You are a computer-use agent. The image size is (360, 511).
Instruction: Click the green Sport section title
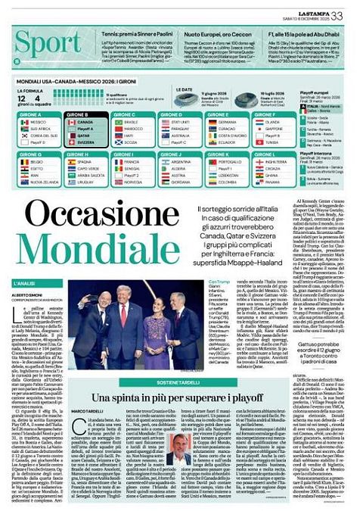point(45,44)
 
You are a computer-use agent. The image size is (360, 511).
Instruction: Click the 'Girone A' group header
point(30,114)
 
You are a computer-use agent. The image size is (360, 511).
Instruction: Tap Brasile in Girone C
point(132,121)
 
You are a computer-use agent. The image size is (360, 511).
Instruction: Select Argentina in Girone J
point(182,161)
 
